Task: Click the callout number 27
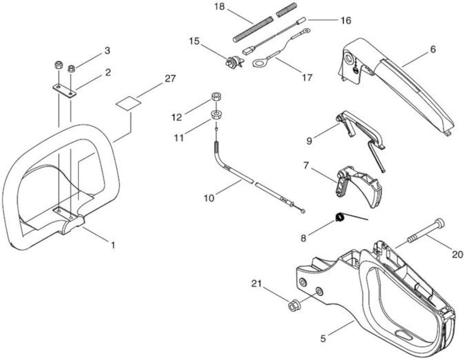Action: pos(170,79)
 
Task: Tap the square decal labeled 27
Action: pos(128,104)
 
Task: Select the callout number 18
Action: pos(220,7)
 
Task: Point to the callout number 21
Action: pos(256,284)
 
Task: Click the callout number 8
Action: pos(303,238)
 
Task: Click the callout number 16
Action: pos(346,21)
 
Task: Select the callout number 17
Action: pos(307,78)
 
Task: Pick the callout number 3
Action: pos(107,51)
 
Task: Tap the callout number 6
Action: pos(433,50)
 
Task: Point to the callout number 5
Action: pos(323,339)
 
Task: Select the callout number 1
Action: pos(113,245)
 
